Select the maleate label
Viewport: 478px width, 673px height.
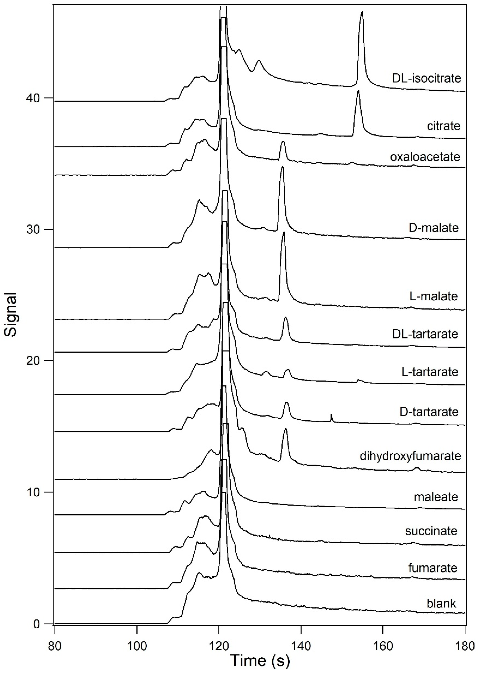[436, 497]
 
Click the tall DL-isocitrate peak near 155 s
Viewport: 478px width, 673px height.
[362, 13]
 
